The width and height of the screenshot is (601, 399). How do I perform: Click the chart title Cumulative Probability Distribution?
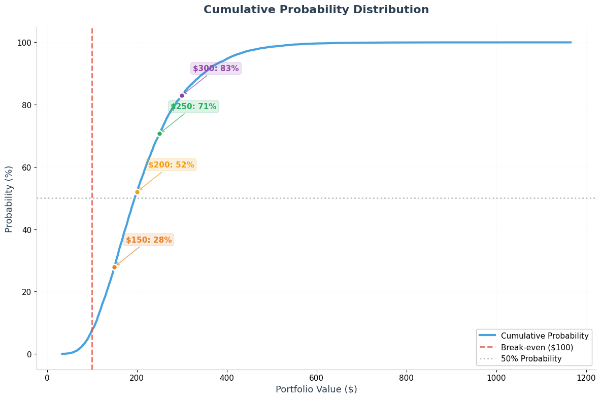click(316, 10)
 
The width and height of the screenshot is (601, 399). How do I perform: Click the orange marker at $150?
click(114, 267)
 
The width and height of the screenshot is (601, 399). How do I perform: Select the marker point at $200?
click(137, 192)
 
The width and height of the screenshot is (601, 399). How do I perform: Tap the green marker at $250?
click(159, 134)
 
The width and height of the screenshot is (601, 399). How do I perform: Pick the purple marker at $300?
click(182, 95)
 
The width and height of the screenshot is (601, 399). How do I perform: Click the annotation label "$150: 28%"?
click(149, 240)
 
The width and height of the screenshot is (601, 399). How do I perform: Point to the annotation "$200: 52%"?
click(171, 165)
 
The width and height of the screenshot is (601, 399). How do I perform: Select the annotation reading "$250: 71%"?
click(193, 107)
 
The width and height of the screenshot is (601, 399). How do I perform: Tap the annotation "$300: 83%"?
click(216, 69)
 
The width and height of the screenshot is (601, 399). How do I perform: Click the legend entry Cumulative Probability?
click(544, 336)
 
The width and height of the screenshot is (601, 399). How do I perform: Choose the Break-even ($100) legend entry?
click(537, 348)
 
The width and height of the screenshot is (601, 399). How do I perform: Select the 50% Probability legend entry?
click(531, 359)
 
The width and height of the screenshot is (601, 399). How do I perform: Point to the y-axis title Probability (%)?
click(9, 198)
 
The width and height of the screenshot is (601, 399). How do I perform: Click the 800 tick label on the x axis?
click(406, 378)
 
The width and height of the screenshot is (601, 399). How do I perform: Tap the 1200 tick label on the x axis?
click(586, 378)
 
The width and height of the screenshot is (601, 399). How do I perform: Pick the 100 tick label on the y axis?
click(24, 43)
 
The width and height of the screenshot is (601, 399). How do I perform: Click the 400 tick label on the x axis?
click(226, 378)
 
